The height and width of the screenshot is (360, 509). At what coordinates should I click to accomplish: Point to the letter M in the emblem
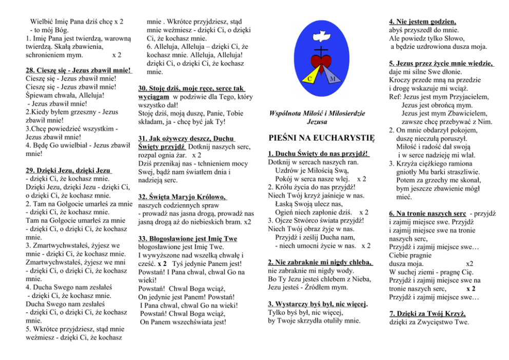(332, 79)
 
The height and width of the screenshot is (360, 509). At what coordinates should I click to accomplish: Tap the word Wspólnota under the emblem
(286, 113)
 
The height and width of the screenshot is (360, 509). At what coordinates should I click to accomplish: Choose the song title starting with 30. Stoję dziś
(191, 89)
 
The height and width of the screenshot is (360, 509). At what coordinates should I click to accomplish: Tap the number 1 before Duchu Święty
(271, 154)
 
